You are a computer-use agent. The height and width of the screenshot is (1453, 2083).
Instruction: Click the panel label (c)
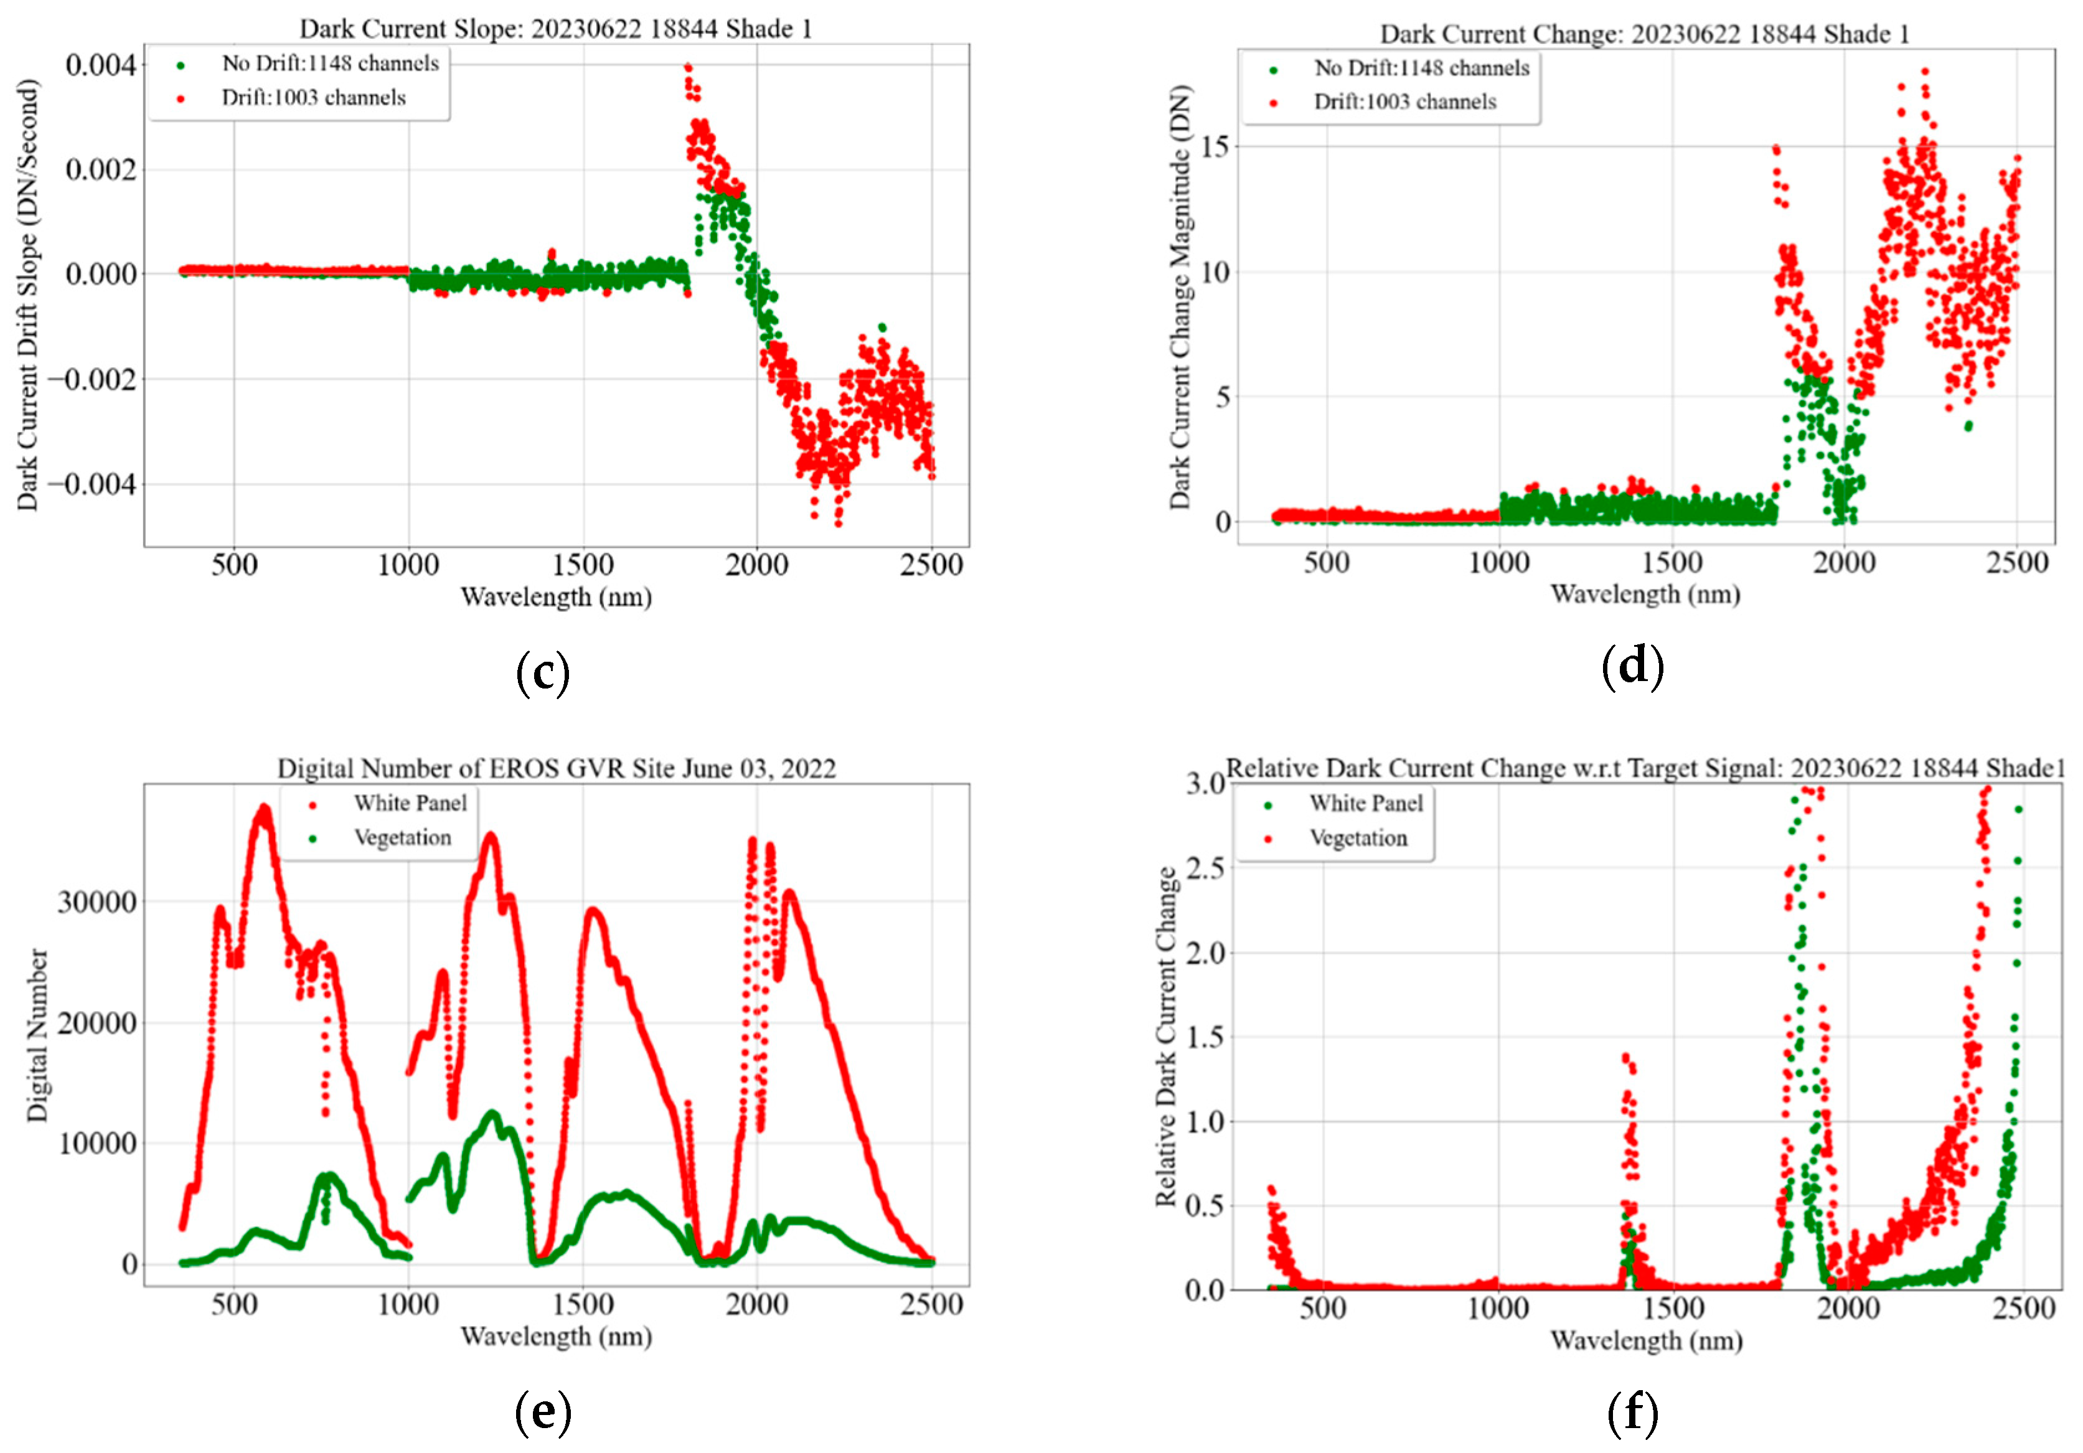[x=542, y=672]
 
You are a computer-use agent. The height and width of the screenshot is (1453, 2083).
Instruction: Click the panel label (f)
[x=1632, y=1411]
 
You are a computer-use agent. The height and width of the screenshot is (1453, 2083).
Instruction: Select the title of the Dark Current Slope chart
[x=555, y=29]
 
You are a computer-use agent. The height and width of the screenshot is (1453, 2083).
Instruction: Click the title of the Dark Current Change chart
[x=1644, y=34]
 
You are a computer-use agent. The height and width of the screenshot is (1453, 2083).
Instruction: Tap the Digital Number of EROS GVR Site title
[x=555, y=768]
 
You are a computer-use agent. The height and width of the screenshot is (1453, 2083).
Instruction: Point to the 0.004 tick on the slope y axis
[x=101, y=65]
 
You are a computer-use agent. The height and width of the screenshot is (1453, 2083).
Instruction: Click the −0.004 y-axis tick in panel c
[x=92, y=484]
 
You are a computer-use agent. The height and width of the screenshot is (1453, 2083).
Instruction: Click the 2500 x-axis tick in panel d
[x=2017, y=563]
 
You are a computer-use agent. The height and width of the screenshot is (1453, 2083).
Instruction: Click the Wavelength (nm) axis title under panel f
[x=1646, y=1340]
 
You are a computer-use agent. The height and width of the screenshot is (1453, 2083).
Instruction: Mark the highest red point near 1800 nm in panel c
[x=689, y=67]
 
